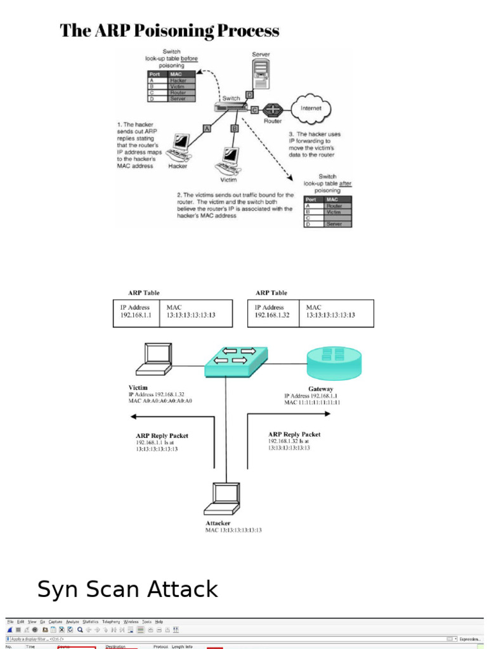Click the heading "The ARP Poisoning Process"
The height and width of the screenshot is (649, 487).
(x=169, y=30)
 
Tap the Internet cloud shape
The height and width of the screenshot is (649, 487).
(x=311, y=108)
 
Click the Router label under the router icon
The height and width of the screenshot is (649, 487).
(x=273, y=120)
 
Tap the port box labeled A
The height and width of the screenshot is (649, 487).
(x=206, y=129)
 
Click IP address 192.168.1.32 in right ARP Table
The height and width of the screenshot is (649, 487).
(x=272, y=315)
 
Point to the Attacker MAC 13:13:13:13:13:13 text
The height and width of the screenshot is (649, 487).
(x=233, y=530)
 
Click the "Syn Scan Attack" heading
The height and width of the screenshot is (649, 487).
(x=127, y=589)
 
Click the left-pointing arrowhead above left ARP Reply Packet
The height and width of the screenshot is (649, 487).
(x=133, y=416)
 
